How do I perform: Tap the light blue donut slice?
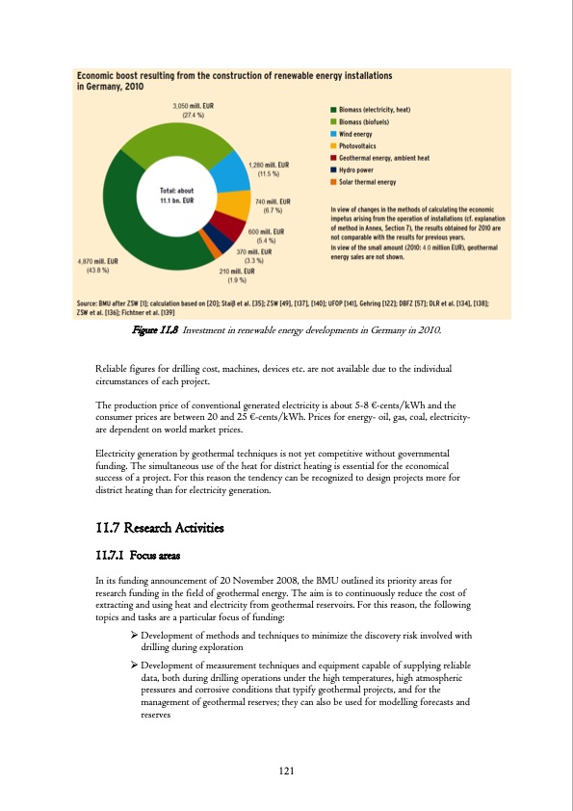click(x=230, y=171)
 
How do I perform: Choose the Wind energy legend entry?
click(x=362, y=134)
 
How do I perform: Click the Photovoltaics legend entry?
click(x=364, y=145)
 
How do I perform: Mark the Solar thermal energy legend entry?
click(x=372, y=180)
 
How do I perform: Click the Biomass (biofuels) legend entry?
click(x=369, y=122)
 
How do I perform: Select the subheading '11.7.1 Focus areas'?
click(x=144, y=555)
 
